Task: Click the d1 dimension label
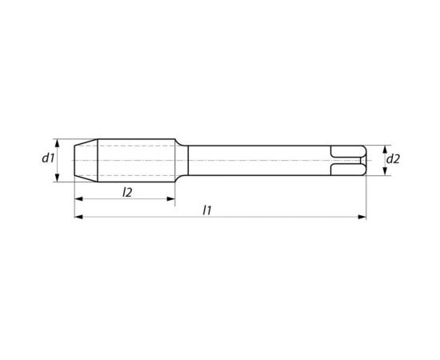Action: [x=48, y=158]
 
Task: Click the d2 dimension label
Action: [x=393, y=159]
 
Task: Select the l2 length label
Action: [x=127, y=192]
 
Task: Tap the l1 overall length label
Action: [x=207, y=210]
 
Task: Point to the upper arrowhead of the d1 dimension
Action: [x=58, y=143]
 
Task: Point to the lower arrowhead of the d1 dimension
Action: [x=58, y=178]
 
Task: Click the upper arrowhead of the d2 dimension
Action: [x=385, y=150]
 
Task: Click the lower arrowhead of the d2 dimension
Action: [x=385, y=171]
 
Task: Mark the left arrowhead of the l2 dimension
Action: [x=78, y=199]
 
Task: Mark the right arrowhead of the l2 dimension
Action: [x=171, y=199]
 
